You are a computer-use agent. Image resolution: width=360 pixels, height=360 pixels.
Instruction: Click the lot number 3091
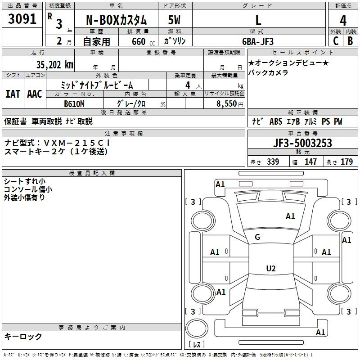(22, 19)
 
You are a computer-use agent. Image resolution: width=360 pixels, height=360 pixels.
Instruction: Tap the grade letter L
(258, 19)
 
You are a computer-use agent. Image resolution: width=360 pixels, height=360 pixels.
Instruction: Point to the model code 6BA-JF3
(257, 41)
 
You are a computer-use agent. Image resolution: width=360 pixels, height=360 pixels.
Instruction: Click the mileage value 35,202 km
(52, 64)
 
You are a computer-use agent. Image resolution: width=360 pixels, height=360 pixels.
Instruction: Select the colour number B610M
(74, 103)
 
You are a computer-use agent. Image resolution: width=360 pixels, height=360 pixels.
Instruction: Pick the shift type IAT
(13, 94)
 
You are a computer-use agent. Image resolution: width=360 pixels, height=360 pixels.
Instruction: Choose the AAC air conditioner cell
(34, 94)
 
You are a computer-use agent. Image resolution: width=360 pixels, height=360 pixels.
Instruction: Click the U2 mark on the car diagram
(271, 269)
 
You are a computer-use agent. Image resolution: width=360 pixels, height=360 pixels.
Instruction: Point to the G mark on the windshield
(257, 237)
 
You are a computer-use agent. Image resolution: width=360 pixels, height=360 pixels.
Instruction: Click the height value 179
(347, 162)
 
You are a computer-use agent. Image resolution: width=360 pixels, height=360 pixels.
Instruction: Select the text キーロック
(23, 336)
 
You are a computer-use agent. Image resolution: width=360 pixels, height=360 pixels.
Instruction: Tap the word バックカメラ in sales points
(268, 72)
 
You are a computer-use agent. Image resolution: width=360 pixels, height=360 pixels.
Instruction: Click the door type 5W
(175, 20)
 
